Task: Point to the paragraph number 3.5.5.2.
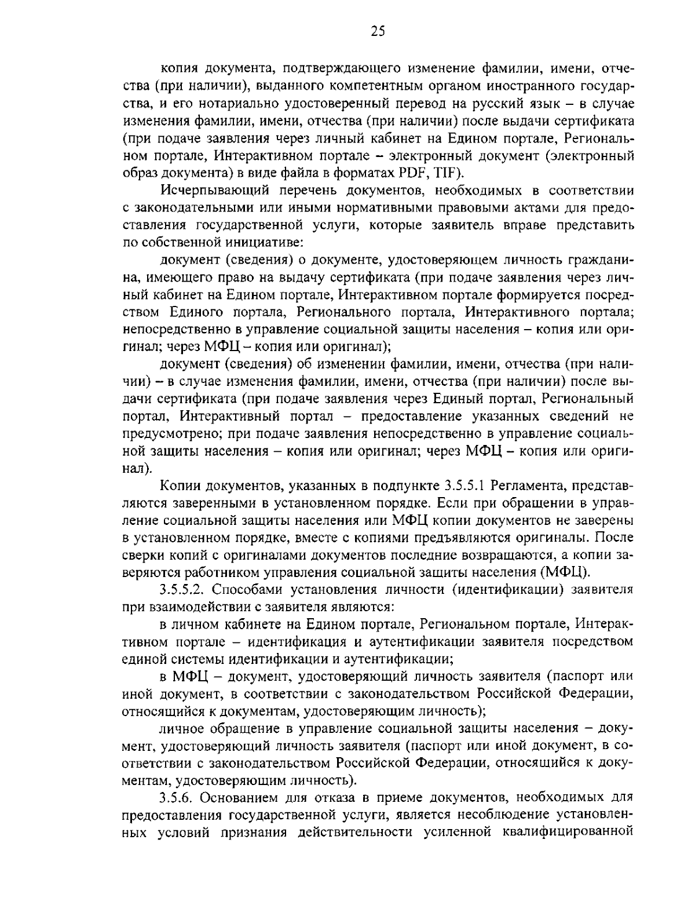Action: click(x=180, y=590)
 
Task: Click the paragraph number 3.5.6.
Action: click(x=176, y=798)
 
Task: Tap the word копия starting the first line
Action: click(x=177, y=69)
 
